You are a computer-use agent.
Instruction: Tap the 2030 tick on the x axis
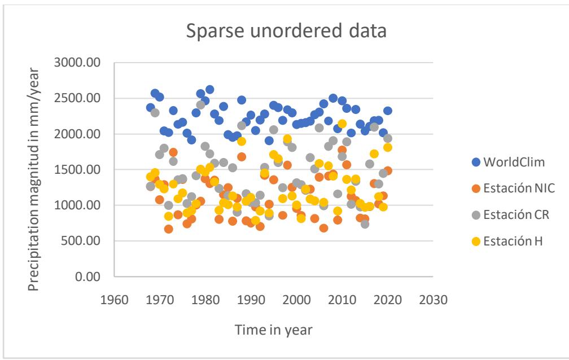click(x=434, y=298)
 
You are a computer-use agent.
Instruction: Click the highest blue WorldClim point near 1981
click(x=210, y=90)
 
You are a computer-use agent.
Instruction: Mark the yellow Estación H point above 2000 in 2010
click(x=342, y=124)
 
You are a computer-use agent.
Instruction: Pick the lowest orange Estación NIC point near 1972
click(x=169, y=229)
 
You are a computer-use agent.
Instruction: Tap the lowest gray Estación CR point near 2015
click(x=365, y=224)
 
